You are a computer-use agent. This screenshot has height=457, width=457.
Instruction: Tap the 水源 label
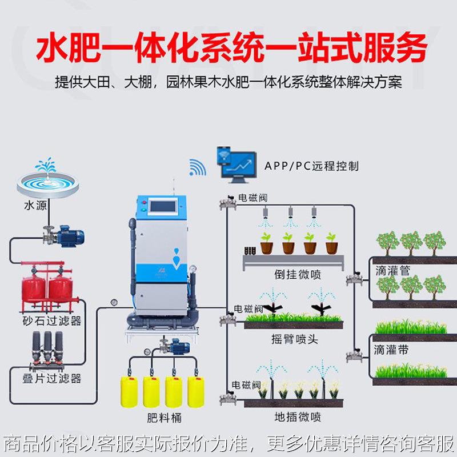click(35, 205)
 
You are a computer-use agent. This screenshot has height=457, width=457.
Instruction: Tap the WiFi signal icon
click(197, 166)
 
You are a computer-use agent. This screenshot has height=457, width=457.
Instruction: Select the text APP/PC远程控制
click(311, 166)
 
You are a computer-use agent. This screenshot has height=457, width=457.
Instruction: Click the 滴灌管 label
click(392, 271)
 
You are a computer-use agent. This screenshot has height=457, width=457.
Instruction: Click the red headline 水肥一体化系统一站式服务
click(231, 50)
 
